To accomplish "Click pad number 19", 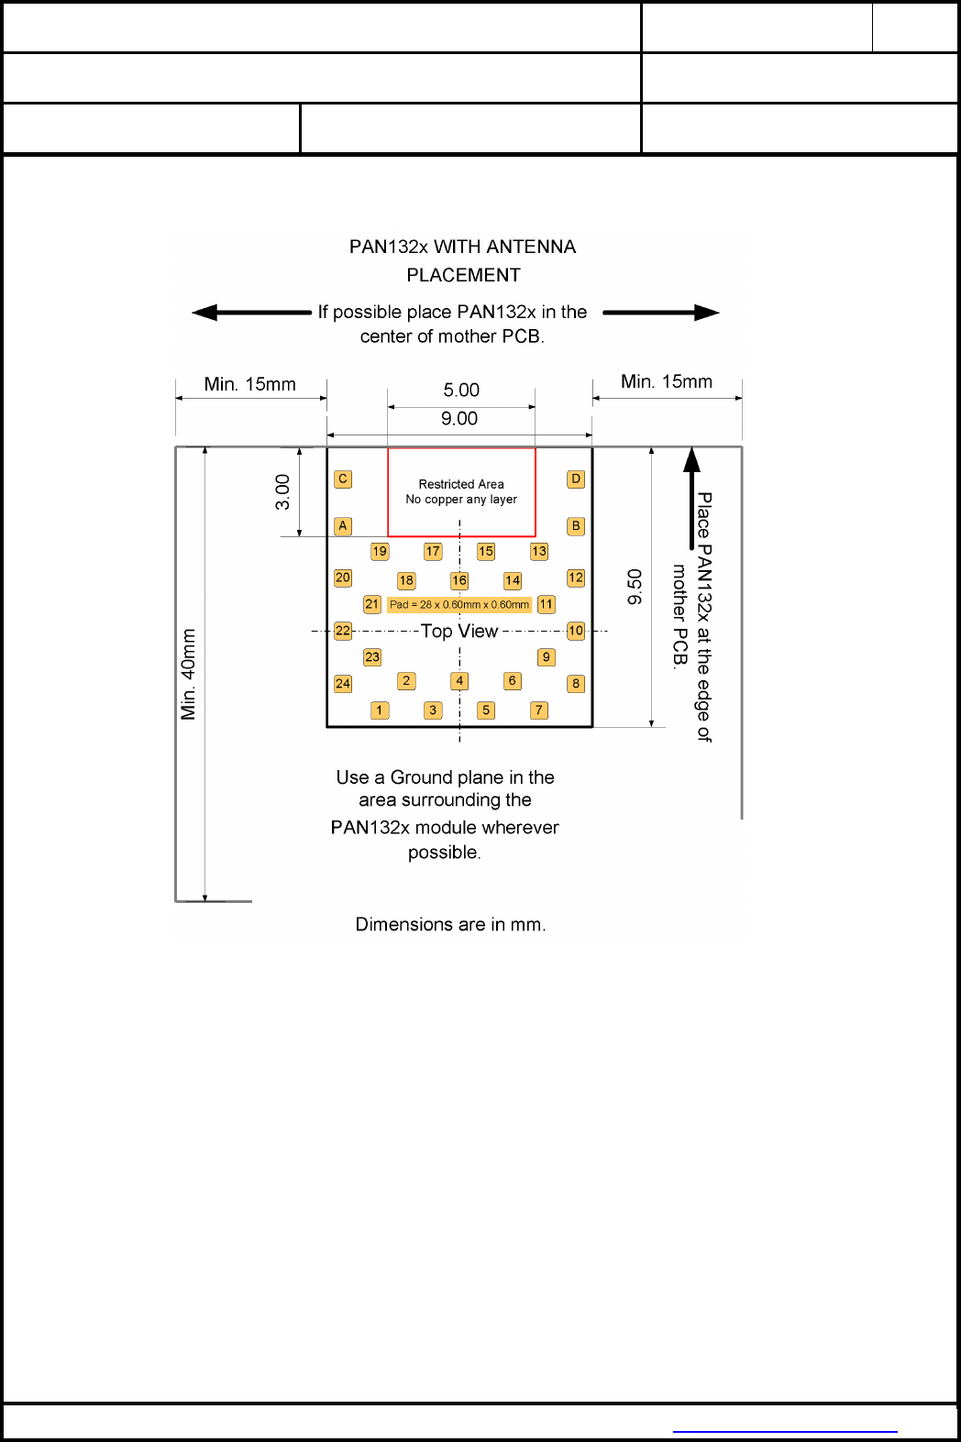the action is pyautogui.click(x=380, y=551).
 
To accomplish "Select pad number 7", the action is pyautogui.click(x=539, y=710).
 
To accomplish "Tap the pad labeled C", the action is pyautogui.click(x=343, y=479).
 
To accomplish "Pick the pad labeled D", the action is pyautogui.click(x=576, y=479).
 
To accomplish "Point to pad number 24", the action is pyautogui.click(x=343, y=683).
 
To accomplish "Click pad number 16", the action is pyautogui.click(x=459, y=580).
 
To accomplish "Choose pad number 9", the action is pyautogui.click(x=547, y=656).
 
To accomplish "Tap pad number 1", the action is pyautogui.click(x=380, y=710).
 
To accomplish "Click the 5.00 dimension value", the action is pyautogui.click(x=461, y=390).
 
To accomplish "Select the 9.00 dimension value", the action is pyautogui.click(x=458, y=419).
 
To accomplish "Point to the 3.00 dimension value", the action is pyautogui.click(x=282, y=492).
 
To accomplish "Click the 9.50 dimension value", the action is pyautogui.click(x=635, y=587).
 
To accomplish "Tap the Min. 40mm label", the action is pyautogui.click(x=189, y=674).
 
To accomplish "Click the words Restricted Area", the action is pyautogui.click(x=461, y=484).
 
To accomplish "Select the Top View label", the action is pyautogui.click(x=458, y=631).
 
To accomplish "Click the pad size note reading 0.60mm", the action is pyautogui.click(x=459, y=605).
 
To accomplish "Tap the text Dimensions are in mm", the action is pyautogui.click(x=450, y=924).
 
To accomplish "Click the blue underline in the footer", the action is pyautogui.click(x=785, y=1431).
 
